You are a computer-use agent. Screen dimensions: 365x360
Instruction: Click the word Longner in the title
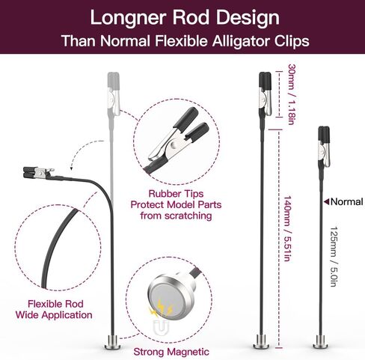(x=128, y=18)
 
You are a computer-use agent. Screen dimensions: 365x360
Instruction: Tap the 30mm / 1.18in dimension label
(x=292, y=94)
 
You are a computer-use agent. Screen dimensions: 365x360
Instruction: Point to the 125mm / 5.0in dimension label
(x=334, y=257)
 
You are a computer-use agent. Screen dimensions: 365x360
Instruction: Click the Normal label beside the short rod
(x=346, y=202)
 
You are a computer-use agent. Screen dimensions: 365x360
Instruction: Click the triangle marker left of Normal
(x=326, y=201)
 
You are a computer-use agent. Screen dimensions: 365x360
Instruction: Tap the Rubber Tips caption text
(x=176, y=194)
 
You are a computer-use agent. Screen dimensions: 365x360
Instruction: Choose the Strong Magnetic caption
(x=171, y=352)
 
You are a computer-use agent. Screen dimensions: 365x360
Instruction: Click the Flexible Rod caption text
(x=55, y=304)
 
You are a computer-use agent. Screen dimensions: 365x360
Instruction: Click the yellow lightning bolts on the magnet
(x=162, y=308)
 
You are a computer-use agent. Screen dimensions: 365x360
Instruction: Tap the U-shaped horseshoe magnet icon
(x=162, y=327)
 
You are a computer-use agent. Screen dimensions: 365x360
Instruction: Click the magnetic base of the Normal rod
(x=321, y=343)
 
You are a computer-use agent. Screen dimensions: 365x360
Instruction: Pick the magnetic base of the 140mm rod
(x=261, y=342)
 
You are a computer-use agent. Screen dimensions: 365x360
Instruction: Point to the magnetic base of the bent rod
(x=113, y=343)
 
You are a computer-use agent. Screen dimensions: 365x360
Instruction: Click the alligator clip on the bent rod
(x=39, y=173)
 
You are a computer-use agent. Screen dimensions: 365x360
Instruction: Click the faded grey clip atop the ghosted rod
(x=114, y=94)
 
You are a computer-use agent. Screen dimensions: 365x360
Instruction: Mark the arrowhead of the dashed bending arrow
(x=71, y=168)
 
